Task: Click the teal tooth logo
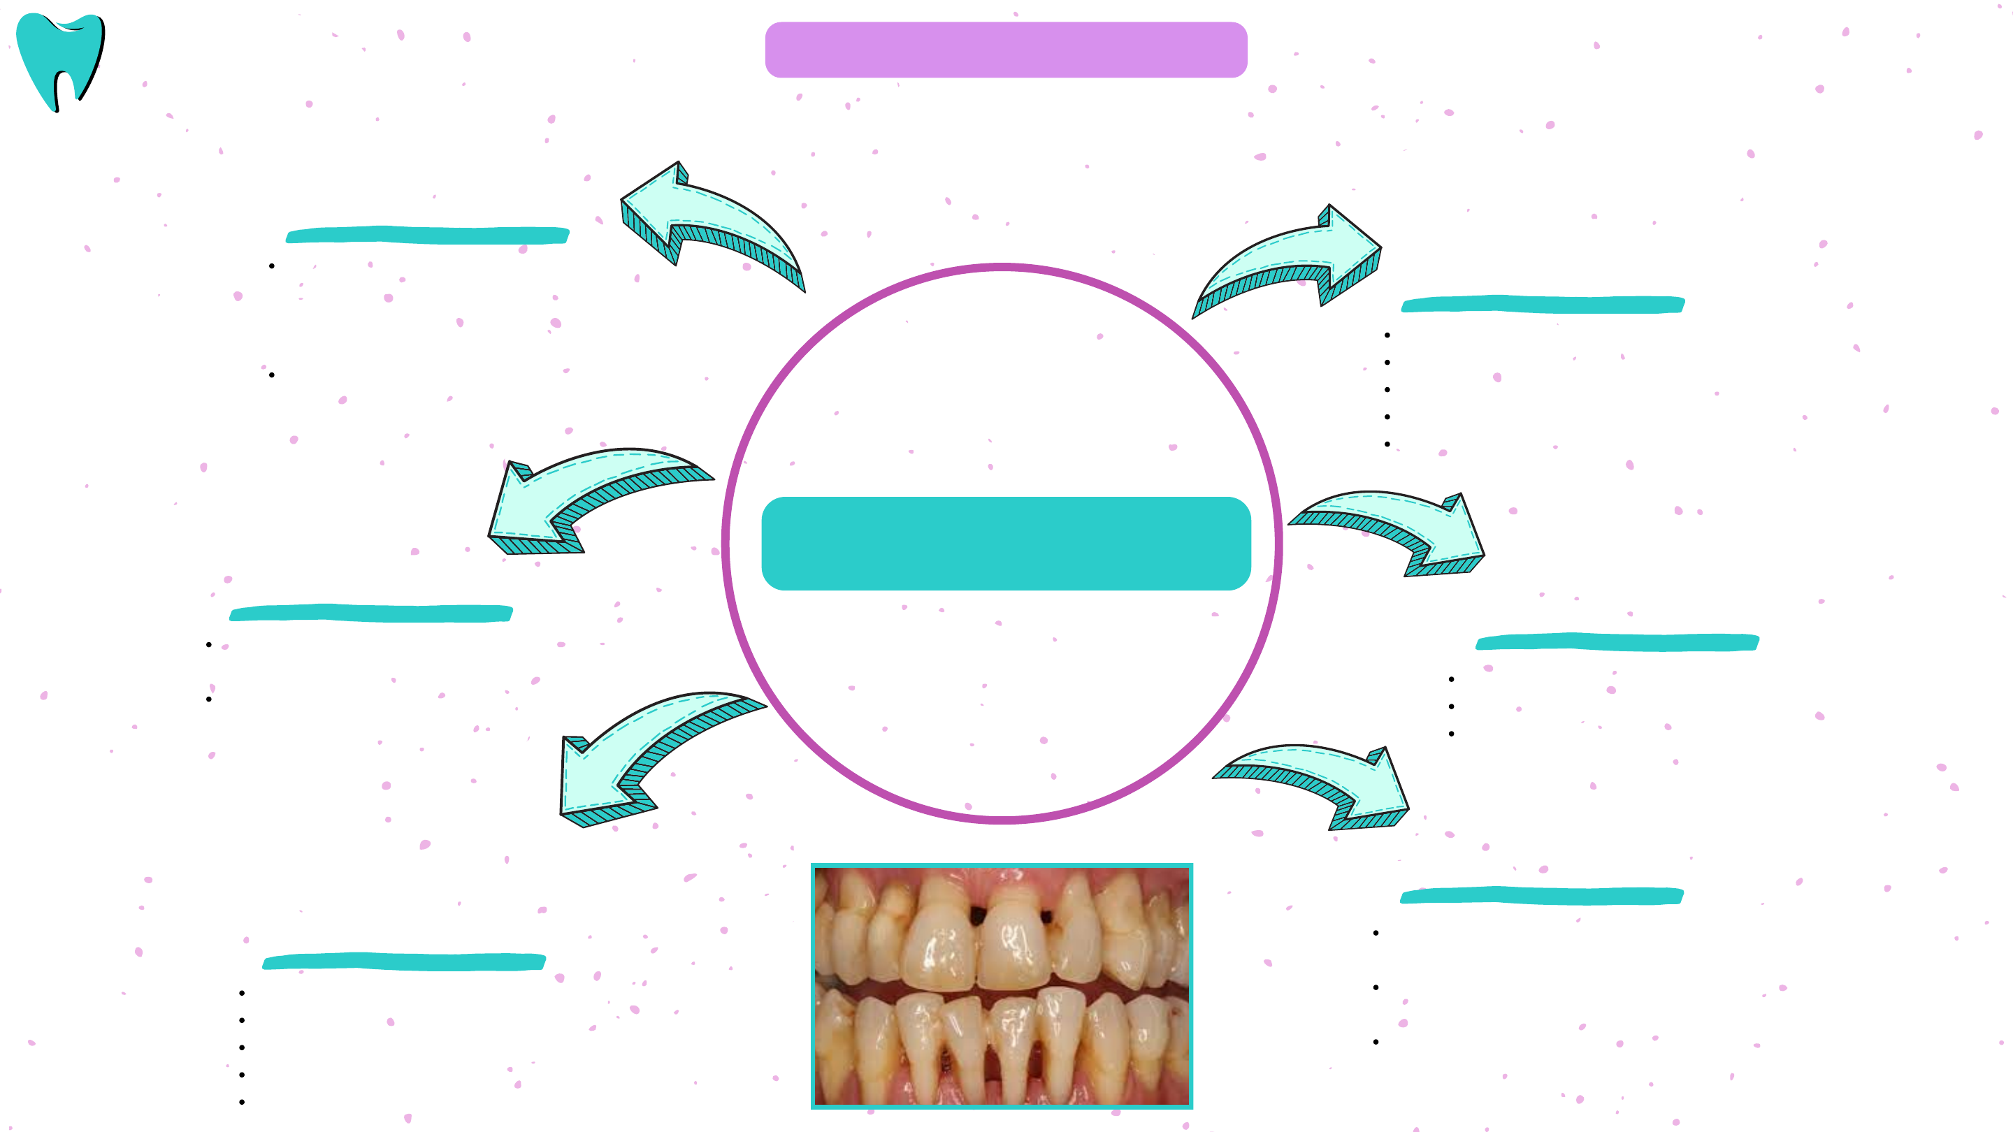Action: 60,60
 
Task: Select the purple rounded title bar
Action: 1006,49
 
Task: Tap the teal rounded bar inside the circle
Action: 1006,543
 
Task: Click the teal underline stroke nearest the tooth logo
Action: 428,235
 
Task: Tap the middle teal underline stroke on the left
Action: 371,614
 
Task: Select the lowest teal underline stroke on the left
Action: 404,962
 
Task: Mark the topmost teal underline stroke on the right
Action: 1543,305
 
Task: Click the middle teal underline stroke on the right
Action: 1617,642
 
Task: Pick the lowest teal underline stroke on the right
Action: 1542,895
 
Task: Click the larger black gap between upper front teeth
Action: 978,915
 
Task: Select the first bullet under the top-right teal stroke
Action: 1387,335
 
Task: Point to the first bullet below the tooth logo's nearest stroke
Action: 272,266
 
